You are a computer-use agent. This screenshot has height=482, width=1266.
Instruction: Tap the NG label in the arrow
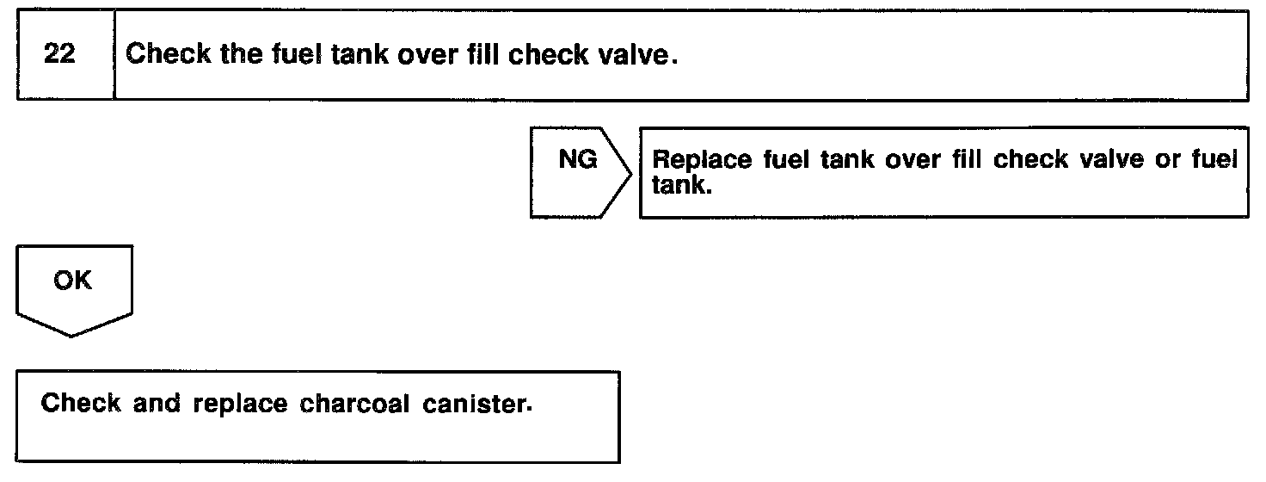coord(578,160)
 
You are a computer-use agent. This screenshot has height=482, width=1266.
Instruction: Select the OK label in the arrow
coord(72,281)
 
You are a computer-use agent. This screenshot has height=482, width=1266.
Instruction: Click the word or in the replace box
coord(1167,161)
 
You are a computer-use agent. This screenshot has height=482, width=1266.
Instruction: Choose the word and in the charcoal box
coord(159,404)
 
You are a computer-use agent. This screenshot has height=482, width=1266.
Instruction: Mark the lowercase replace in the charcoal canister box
coord(242,404)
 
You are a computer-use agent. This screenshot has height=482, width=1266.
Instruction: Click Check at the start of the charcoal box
coord(81,404)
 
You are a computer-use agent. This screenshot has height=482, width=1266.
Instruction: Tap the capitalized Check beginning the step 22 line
coord(165,55)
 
